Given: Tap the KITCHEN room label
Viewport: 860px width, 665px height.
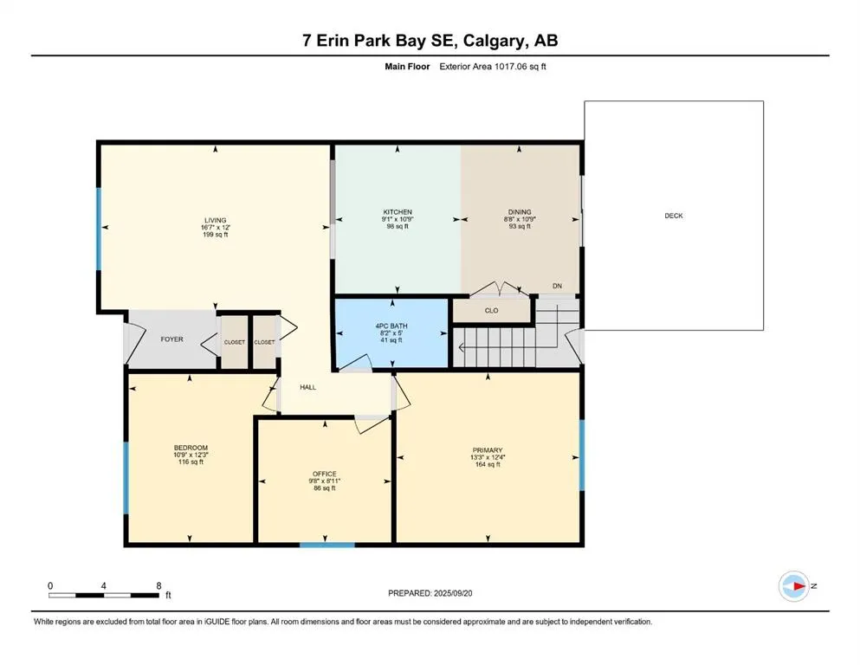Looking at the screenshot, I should pyautogui.click(x=398, y=212).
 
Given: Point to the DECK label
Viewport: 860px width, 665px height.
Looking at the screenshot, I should pyautogui.click(x=673, y=216).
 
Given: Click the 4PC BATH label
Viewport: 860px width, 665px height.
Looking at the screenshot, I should pyautogui.click(x=391, y=326).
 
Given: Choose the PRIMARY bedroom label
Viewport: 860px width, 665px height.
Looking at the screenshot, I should pyautogui.click(x=488, y=450).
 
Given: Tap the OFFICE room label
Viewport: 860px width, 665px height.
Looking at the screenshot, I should pyautogui.click(x=324, y=475).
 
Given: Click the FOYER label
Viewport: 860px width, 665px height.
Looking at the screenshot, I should pyautogui.click(x=171, y=339).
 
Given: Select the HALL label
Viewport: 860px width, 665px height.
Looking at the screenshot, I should pyautogui.click(x=307, y=387).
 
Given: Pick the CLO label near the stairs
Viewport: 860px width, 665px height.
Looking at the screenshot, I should pyautogui.click(x=491, y=309).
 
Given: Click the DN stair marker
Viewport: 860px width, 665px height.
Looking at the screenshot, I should pyautogui.click(x=557, y=286).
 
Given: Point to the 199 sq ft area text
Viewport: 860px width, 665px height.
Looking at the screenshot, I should pyautogui.click(x=215, y=235).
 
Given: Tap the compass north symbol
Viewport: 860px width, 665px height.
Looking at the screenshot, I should pyautogui.click(x=792, y=586).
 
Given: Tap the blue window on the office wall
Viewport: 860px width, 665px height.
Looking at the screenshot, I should pyautogui.click(x=327, y=545).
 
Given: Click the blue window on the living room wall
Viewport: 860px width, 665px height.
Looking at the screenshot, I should pyautogui.click(x=98, y=227).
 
